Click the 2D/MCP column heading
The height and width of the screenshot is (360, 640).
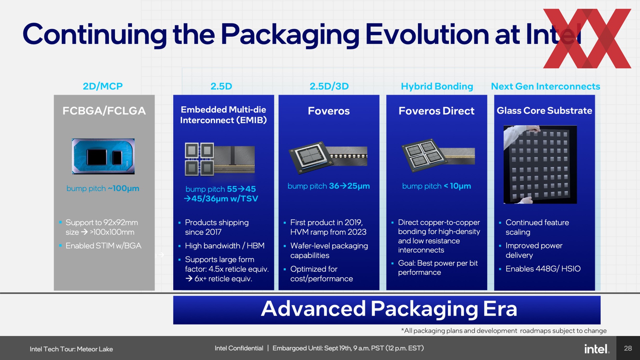[x=103, y=86]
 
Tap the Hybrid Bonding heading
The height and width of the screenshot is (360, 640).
[x=437, y=87]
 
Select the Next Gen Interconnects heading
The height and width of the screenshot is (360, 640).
[x=546, y=86]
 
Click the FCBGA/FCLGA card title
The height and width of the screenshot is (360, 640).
[x=104, y=111]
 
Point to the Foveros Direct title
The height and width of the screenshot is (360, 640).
[x=436, y=111]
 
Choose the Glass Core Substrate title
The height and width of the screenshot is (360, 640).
[x=544, y=110]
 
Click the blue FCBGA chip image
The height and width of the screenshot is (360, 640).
[x=103, y=156]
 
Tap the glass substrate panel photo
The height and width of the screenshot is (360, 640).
[x=540, y=164]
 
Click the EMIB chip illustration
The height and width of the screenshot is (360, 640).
[x=220, y=159]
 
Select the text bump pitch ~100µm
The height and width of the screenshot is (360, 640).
[x=103, y=188]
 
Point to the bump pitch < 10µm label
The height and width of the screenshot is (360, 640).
[x=436, y=186]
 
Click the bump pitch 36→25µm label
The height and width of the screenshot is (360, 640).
[x=329, y=186]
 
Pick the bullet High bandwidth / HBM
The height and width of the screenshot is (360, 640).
[x=225, y=246]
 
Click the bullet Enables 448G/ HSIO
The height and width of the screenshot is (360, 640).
[x=543, y=269]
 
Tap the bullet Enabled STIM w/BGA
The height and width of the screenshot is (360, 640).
[x=103, y=246]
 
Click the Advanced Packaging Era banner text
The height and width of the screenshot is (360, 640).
[x=389, y=309]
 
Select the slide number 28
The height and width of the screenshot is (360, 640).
[x=628, y=348]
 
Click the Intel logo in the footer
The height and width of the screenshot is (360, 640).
[x=597, y=349]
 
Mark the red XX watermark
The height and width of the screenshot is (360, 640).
[x=587, y=38]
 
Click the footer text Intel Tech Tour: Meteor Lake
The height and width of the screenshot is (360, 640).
[x=71, y=349]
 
